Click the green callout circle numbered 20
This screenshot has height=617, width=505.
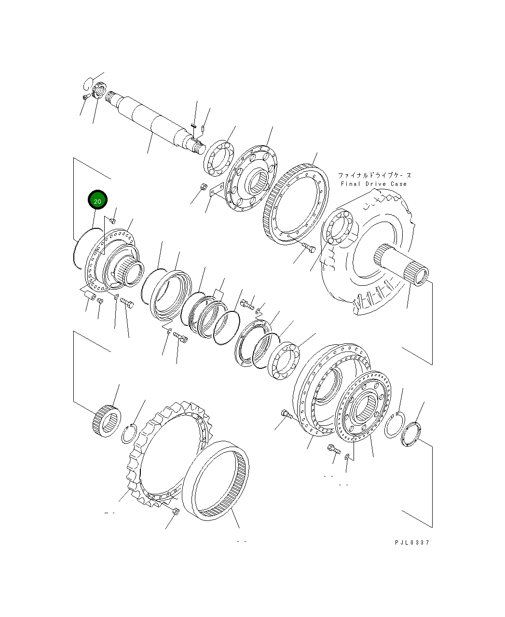(x=97, y=200)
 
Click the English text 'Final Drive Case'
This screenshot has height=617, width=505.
(x=373, y=184)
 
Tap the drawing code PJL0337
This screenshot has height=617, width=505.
(x=411, y=542)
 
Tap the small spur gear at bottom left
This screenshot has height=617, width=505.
(x=106, y=420)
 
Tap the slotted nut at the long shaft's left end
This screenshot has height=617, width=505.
(x=99, y=91)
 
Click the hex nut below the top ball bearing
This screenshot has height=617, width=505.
(x=203, y=186)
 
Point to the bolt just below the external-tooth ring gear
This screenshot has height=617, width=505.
(x=309, y=249)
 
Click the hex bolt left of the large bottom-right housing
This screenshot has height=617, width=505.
(x=285, y=414)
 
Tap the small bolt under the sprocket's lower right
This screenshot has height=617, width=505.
(x=175, y=511)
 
